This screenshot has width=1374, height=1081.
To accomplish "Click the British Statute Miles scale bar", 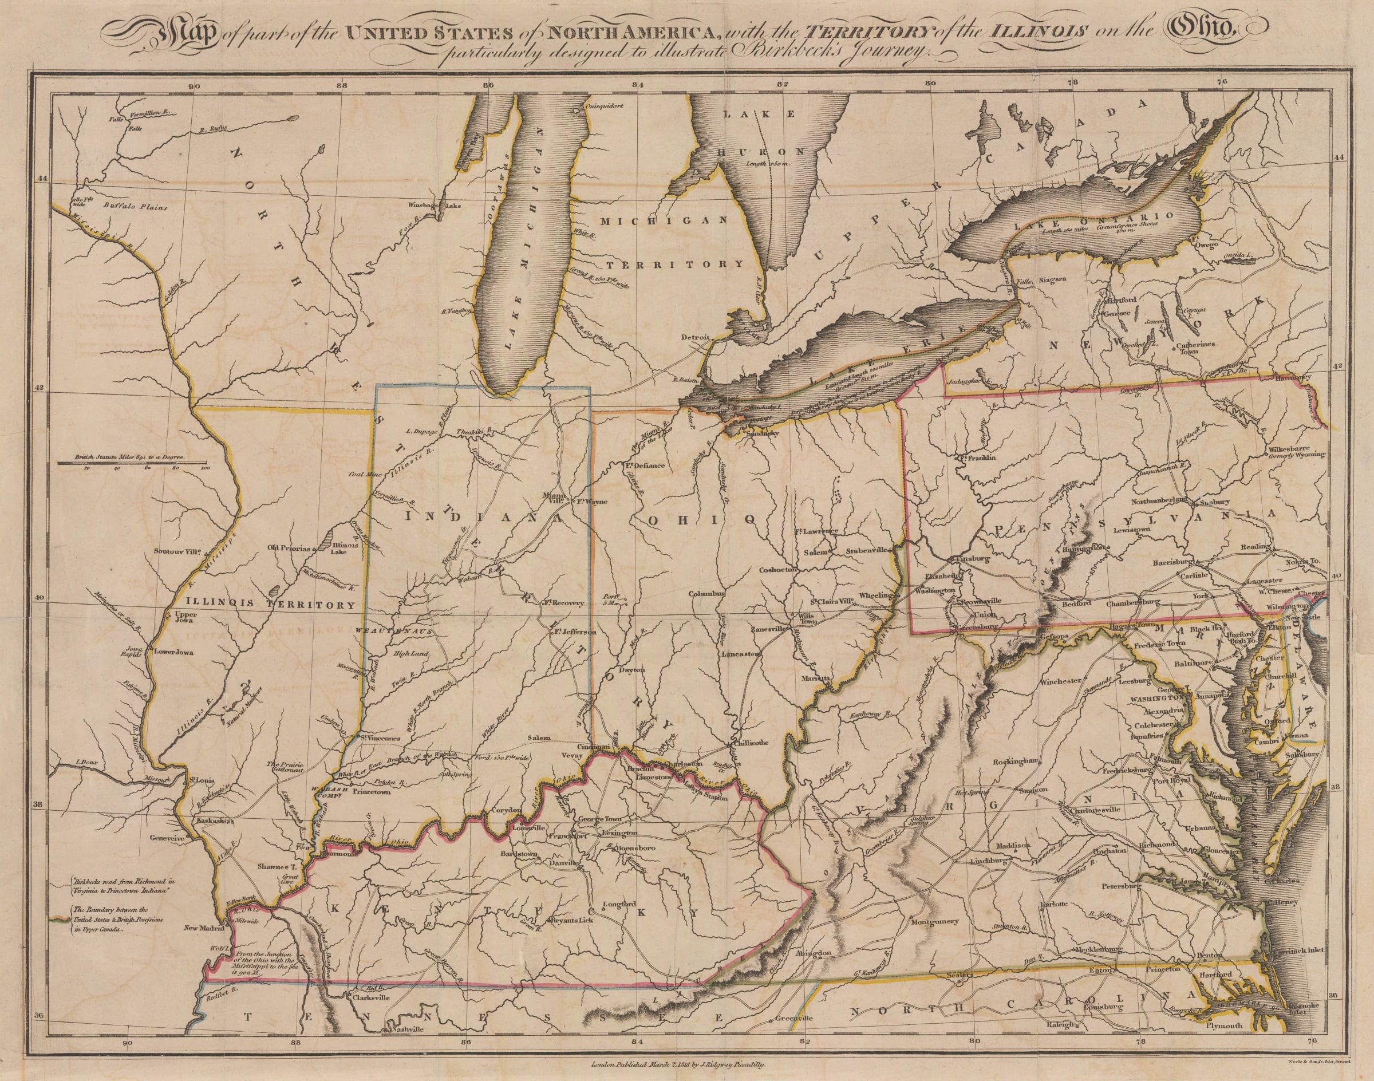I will point(133,463).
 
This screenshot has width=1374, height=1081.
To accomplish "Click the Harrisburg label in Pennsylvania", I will point(1174,561).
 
